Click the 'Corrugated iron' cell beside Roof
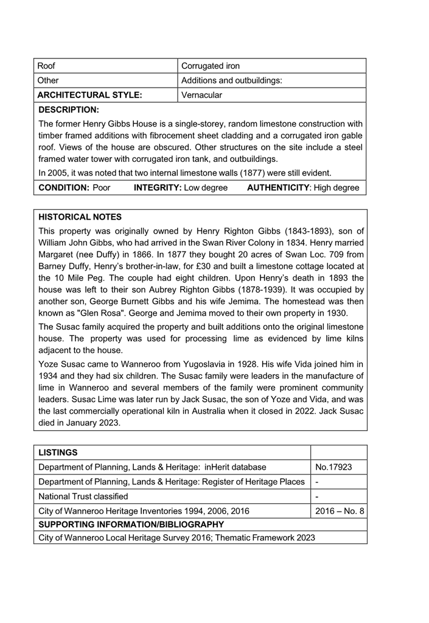click(x=211, y=66)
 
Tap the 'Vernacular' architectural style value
click(x=202, y=95)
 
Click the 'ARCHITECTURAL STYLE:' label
click(x=89, y=95)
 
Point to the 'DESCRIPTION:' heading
click(x=68, y=110)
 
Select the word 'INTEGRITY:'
click(x=158, y=188)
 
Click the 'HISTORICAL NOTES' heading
click(x=80, y=217)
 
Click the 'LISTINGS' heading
click(x=58, y=453)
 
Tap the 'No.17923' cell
click(x=333, y=467)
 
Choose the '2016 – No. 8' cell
click(x=340, y=510)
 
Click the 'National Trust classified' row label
click(x=83, y=496)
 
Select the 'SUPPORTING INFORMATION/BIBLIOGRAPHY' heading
click(x=131, y=524)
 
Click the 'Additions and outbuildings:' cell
click(x=232, y=80)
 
